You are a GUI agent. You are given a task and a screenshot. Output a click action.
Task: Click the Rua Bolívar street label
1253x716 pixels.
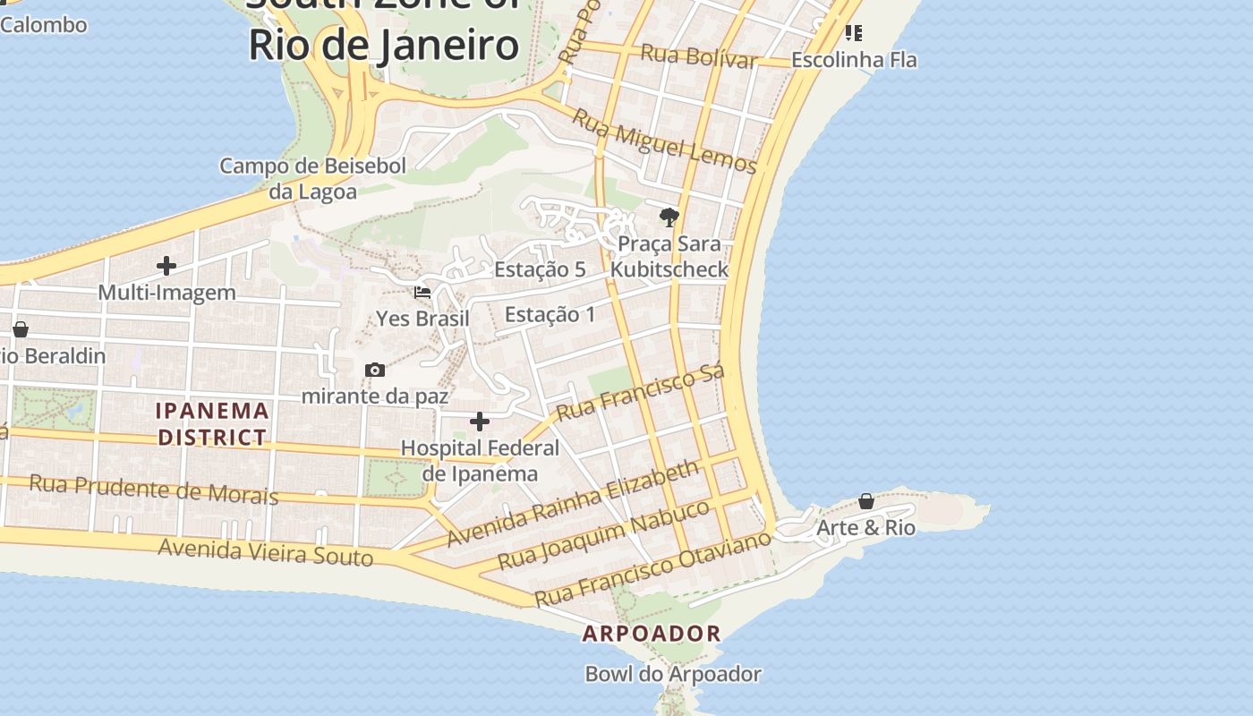click(699, 56)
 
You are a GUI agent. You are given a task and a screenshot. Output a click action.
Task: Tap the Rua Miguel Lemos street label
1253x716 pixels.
click(664, 141)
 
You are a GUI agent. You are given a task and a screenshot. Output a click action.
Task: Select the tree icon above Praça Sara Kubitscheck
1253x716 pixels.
click(669, 217)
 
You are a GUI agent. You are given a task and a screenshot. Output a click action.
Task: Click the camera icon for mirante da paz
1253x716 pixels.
click(375, 370)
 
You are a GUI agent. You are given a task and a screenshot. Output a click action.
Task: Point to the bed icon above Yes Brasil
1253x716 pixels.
click(422, 292)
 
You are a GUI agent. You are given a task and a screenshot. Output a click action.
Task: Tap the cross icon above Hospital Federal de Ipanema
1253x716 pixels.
click(480, 422)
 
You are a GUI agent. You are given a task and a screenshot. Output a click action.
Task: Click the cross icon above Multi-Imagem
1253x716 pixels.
click(166, 266)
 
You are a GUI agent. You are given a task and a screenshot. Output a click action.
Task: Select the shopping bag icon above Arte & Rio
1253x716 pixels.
click(866, 501)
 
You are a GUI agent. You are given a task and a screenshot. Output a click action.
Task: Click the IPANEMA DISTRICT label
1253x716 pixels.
click(212, 424)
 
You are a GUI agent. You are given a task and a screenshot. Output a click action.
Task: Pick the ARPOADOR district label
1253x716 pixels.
click(652, 634)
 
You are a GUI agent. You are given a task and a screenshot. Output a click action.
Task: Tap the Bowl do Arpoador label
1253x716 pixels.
click(673, 674)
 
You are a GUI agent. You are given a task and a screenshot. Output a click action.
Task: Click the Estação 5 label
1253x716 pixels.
click(540, 269)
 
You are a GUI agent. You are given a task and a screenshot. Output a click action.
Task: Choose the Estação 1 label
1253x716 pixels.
click(550, 314)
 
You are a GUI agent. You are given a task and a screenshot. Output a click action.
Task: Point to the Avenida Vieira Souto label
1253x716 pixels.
click(265, 551)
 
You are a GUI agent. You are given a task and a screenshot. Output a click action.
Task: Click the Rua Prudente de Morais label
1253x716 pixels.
click(153, 490)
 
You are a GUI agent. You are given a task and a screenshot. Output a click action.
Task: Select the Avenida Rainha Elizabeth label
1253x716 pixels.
click(573, 504)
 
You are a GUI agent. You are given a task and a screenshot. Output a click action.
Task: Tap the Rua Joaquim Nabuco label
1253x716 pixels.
click(604, 535)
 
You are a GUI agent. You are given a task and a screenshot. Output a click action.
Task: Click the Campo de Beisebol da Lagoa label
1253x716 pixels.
click(313, 178)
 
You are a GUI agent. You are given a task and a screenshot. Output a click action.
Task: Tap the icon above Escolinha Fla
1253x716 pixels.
click(854, 33)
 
